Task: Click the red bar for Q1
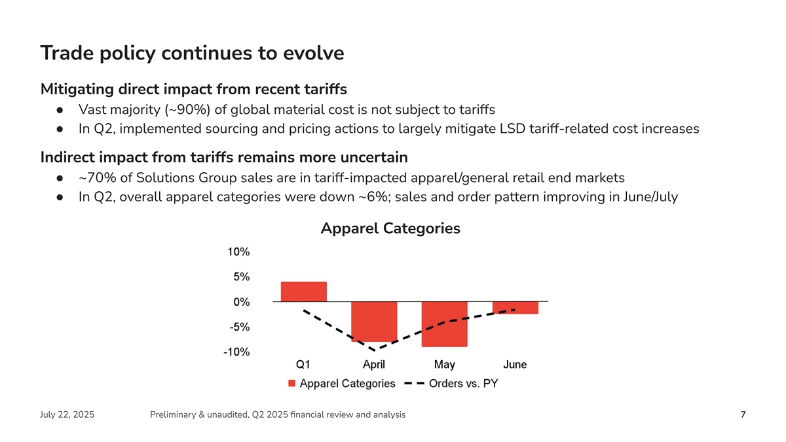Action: (x=303, y=292)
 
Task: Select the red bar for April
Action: (x=374, y=322)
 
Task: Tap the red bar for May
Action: (x=444, y=324)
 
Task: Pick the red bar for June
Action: (x=515, y=308)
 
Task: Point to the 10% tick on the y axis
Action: (x=238, y=252)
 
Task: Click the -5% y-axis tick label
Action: (x=237, y=327)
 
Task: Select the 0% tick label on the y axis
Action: (x=240, y=302)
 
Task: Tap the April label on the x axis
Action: (x=374, y=364)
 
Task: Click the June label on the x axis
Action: (x=515, y=364)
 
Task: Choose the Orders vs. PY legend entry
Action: (x=462, y=384)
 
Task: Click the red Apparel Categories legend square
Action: (x=292, y=384)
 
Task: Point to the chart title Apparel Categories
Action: (x=390, y=229)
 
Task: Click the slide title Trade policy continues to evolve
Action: (x=192, y=53)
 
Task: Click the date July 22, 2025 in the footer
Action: (x=67, y=414)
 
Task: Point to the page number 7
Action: (x=743, y=414)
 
